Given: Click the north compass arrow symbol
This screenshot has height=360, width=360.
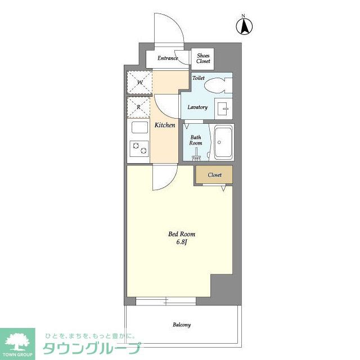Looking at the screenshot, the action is coord(244,26).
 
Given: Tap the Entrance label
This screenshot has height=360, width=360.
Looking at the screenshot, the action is coord(168,58).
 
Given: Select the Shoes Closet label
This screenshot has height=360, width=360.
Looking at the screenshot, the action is coord(203,58).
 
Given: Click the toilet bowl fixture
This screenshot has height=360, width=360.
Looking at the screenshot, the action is coord(218,85).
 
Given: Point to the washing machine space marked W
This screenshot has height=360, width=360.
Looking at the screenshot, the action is coord(139,83).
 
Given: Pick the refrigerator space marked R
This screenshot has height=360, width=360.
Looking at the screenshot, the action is coord(139,107).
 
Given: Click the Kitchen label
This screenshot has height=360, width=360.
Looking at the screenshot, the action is coord(165,125).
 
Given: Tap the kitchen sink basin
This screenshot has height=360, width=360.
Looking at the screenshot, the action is coord(139,128).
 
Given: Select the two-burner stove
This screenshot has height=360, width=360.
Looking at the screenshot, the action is coord(139,148).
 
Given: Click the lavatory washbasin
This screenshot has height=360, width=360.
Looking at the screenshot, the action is coord(223,109).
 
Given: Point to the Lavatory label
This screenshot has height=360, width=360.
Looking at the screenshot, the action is coord(197,107).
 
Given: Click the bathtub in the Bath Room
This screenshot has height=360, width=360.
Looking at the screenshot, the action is coord(223,142).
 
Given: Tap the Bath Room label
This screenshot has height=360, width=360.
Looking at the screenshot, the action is coord(196,140).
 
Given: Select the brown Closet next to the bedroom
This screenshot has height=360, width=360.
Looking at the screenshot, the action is coord(214,175).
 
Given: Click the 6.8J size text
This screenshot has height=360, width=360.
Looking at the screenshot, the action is coord(182,242).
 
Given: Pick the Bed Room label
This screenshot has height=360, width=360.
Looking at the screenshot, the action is coord(182,234).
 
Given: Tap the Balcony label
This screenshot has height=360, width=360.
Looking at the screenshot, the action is coord(182,325).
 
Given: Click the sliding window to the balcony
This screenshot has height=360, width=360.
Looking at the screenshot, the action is coord(166,301).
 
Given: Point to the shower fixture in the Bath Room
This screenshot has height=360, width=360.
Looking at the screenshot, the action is coord(196,154).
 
